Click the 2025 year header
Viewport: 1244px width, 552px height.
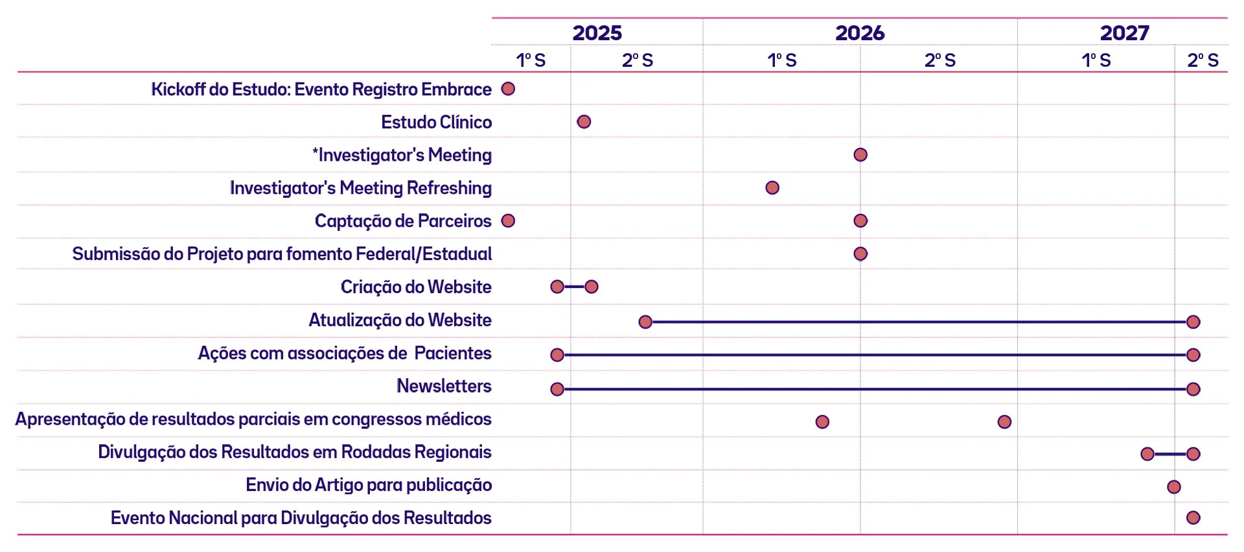pyautogui.click(x=597, y=33)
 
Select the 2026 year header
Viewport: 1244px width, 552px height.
pyautogui.click(x=860, y=33)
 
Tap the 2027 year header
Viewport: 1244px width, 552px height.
pyautogui.click(x=1125, y=33)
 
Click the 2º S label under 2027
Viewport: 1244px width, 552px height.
pyautogui.click(x=1203, y=60)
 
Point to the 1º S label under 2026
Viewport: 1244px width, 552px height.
pyautogui.click(x=782, y=60)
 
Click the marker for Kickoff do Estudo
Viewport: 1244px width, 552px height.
pyautogui.click(x=508, y=89)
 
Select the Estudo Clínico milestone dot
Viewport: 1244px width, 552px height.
pyautogui.click(x=584, y=122)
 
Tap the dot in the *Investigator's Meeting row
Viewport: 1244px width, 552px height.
pyautogui.click(x=860, y=155)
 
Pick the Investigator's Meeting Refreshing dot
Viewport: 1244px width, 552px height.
pyautogui.click(x=772, y=188)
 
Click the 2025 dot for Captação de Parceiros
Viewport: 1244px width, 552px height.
pyautogui.click(x=508, y=221)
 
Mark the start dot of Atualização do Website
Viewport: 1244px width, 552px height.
pyautogui.click(x=645, y=322)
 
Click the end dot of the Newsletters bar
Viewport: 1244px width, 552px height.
pyautogui.click(x=1193, y=389)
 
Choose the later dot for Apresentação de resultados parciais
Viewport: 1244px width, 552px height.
pyautogui.click(x=1004, y=422)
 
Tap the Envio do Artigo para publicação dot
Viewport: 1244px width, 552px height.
pyautogui.click(x=1173, y=487)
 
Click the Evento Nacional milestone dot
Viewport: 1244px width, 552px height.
pyautogui.click(x=1193, y=518)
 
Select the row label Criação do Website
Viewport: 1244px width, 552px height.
pyautogui.click(x=416, y=287)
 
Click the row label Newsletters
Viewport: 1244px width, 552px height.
pyautogui.click(x=444, y=386)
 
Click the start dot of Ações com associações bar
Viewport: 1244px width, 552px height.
pyautogui.click(x=557, y=355)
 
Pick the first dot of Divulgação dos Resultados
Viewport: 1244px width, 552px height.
pyautogui.click(x=1147, y=454)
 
